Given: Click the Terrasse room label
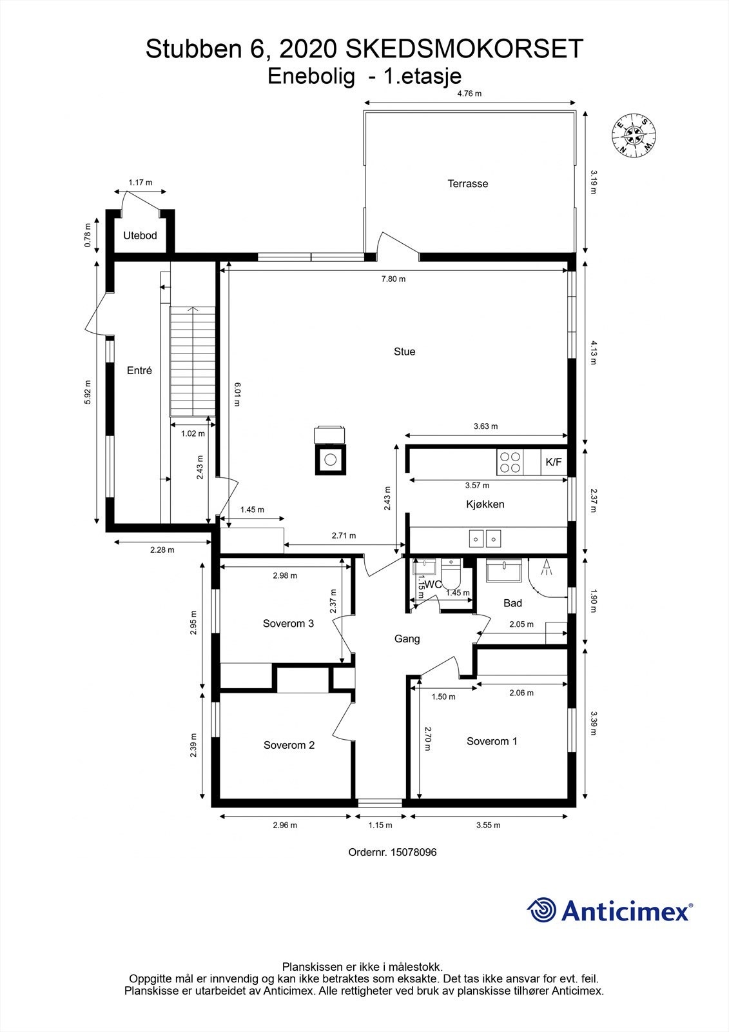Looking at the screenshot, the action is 468,184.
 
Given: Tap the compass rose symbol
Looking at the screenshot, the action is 634,135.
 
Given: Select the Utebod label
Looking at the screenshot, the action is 141,236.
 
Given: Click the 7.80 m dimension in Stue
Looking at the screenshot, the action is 393,279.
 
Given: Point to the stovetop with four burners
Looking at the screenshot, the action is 510,462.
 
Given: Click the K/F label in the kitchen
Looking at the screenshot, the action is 554,462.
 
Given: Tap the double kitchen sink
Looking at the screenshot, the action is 485,537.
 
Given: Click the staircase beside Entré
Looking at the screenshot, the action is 192,362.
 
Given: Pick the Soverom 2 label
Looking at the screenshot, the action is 289,746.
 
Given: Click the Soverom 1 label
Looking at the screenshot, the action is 492,742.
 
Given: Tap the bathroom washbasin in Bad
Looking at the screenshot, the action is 504,571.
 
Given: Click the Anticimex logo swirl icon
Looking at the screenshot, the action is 541,911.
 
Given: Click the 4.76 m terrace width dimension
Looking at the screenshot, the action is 469,94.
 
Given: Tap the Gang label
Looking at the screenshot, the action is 407,639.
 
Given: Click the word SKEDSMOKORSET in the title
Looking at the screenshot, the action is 464,49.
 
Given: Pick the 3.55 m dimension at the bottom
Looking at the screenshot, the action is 488,825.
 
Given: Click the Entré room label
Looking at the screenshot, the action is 139,371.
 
